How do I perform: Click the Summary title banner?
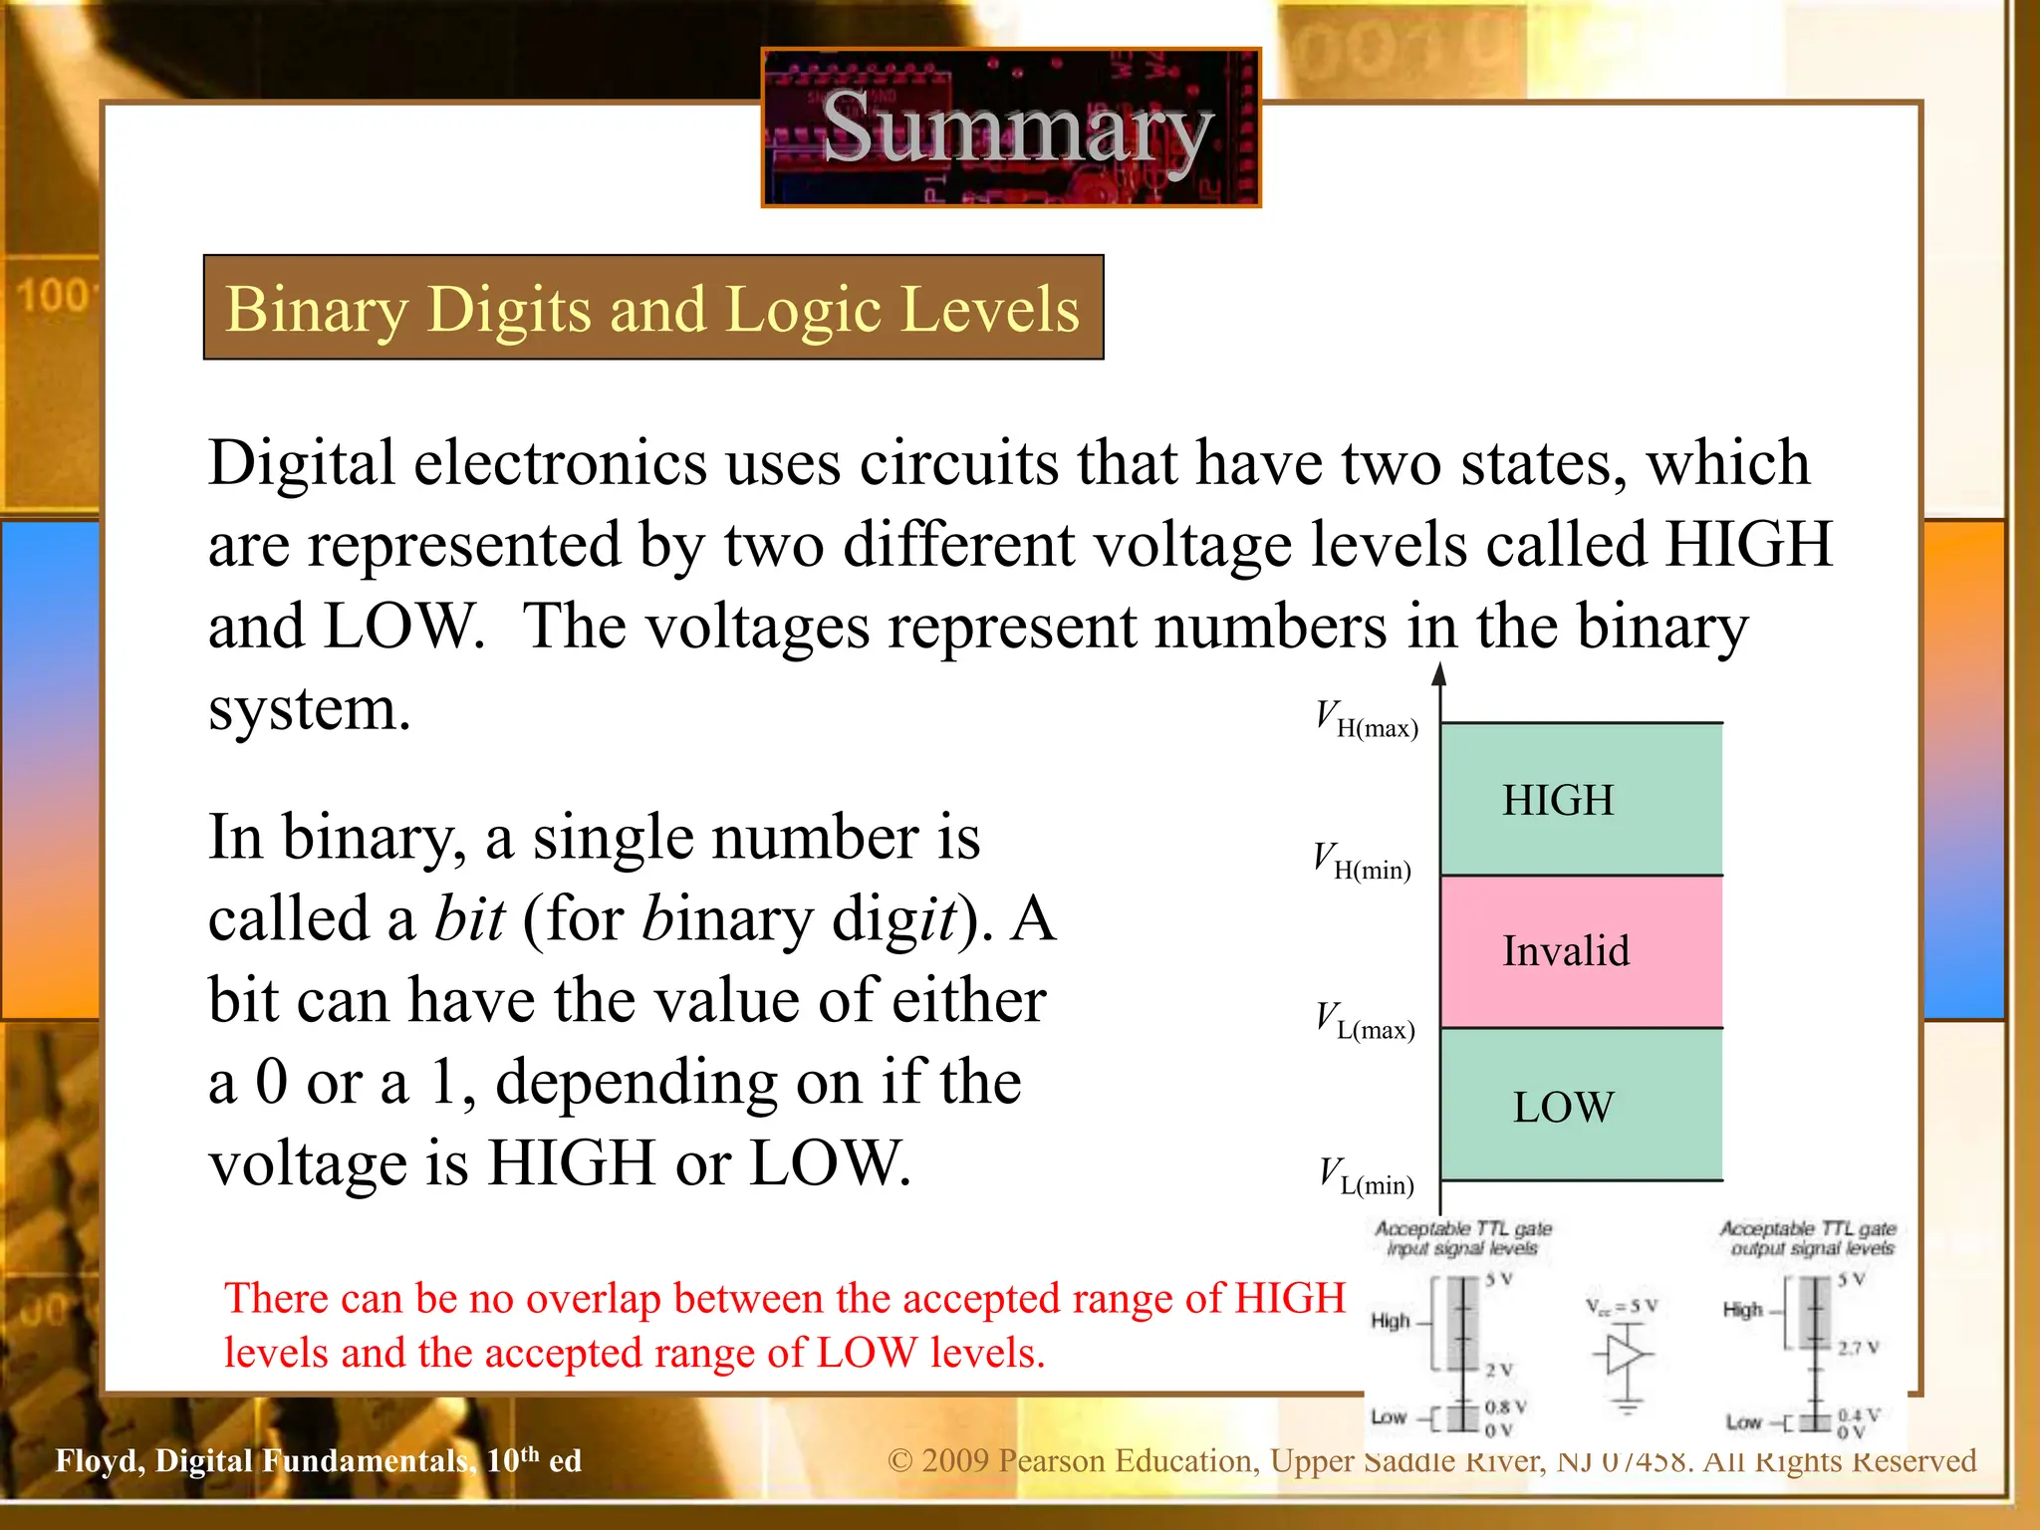(x=1011, y=127)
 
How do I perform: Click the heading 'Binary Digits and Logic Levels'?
(x=652, y=308)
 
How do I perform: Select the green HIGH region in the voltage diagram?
(x=1581, y=799)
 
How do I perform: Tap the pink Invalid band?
(x=1581, y=951)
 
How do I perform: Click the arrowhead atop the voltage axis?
(x=1439, y=674)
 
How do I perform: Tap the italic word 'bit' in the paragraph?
(x=470, y=918)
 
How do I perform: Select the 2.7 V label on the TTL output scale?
(x=1858, y=1348)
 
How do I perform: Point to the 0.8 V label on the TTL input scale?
(x=1504, y=1406)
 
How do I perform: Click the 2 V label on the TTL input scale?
(x=1498, y=1370)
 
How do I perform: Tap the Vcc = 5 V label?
(x=1622, y=1306)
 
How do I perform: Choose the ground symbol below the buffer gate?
(x=1627, y=1406)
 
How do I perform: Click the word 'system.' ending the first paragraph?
(x=309, y=709)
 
